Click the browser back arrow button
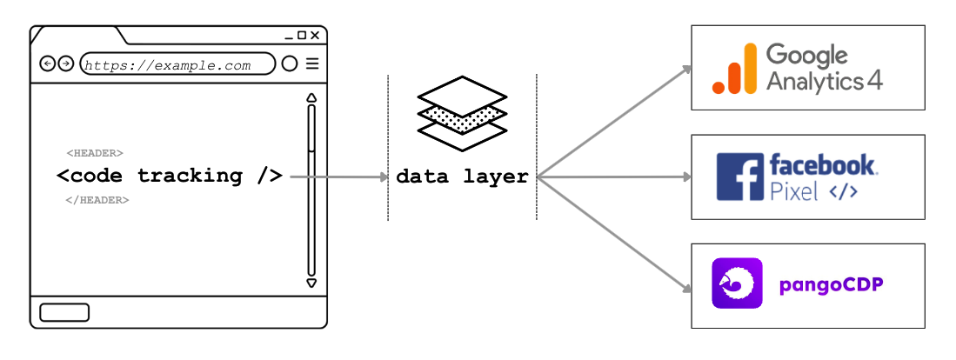(x=47, y=63)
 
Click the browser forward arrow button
(x=65, y=63)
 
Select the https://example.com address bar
(x=177, y=64)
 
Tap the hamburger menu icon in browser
(x=312, y=63)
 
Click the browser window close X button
(x=315, y=36)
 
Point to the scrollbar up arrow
(x=311, y=97)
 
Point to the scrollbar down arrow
(x=311, y=283)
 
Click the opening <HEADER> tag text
(x=95, y=154)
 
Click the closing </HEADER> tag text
(x=97, y=200)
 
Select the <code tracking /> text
(x=170, y=176)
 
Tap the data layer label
(x=462, y=177)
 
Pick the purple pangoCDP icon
(x=737, y=283)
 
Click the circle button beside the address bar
(x=290, y=63)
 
